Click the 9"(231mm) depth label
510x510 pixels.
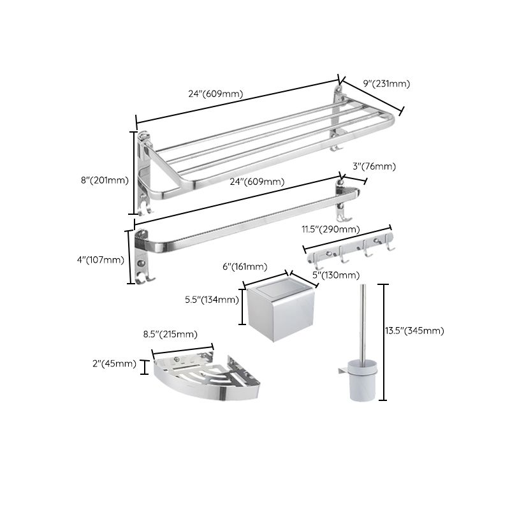point(386,84)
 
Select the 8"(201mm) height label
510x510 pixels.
point(105,180)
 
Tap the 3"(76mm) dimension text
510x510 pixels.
point(374,167)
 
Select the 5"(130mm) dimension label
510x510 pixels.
point(335,275)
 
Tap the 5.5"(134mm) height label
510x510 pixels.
point(211,300)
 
